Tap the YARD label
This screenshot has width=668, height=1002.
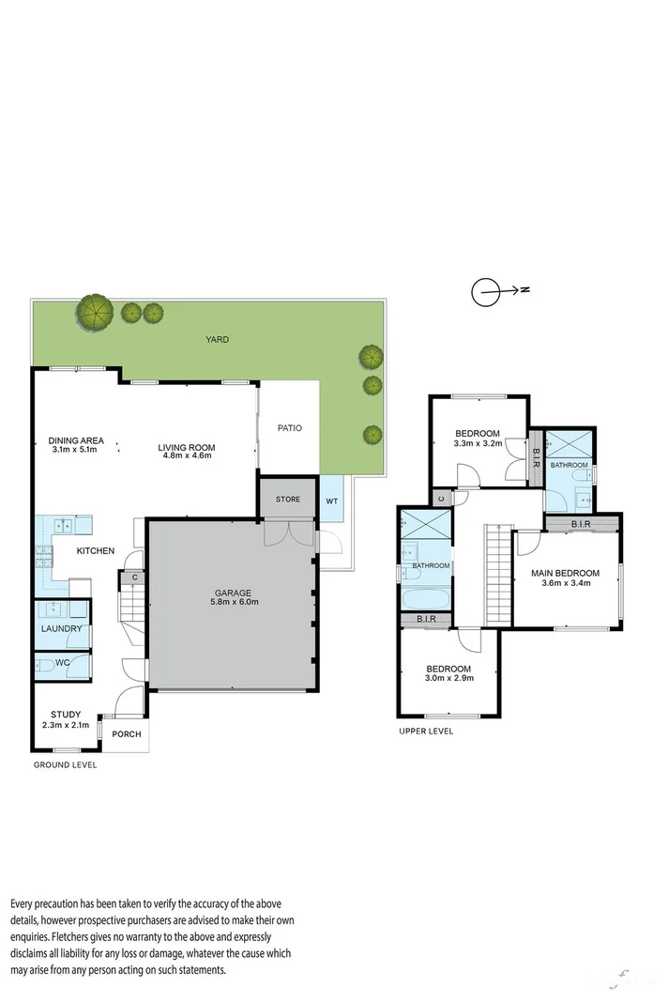[x=218, y=340]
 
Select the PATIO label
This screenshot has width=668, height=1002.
[x=290, y=428]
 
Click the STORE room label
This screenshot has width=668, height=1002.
[x=288, y=499]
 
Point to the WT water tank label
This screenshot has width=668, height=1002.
[x=331, y=500]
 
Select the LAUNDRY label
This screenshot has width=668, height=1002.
[x=62, y=629]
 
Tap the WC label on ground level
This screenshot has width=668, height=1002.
[x=62, y=663]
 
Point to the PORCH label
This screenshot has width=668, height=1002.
[x=127, y=734]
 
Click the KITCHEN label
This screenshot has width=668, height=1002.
[x=97, y=551]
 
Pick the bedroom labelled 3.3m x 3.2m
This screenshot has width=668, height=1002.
[x=477, y=439]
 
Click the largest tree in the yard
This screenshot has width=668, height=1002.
[x=95, y=312]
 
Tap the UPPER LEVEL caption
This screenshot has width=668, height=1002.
[x=426, y=731]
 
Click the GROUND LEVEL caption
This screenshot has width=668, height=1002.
[x=66, y=765]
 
